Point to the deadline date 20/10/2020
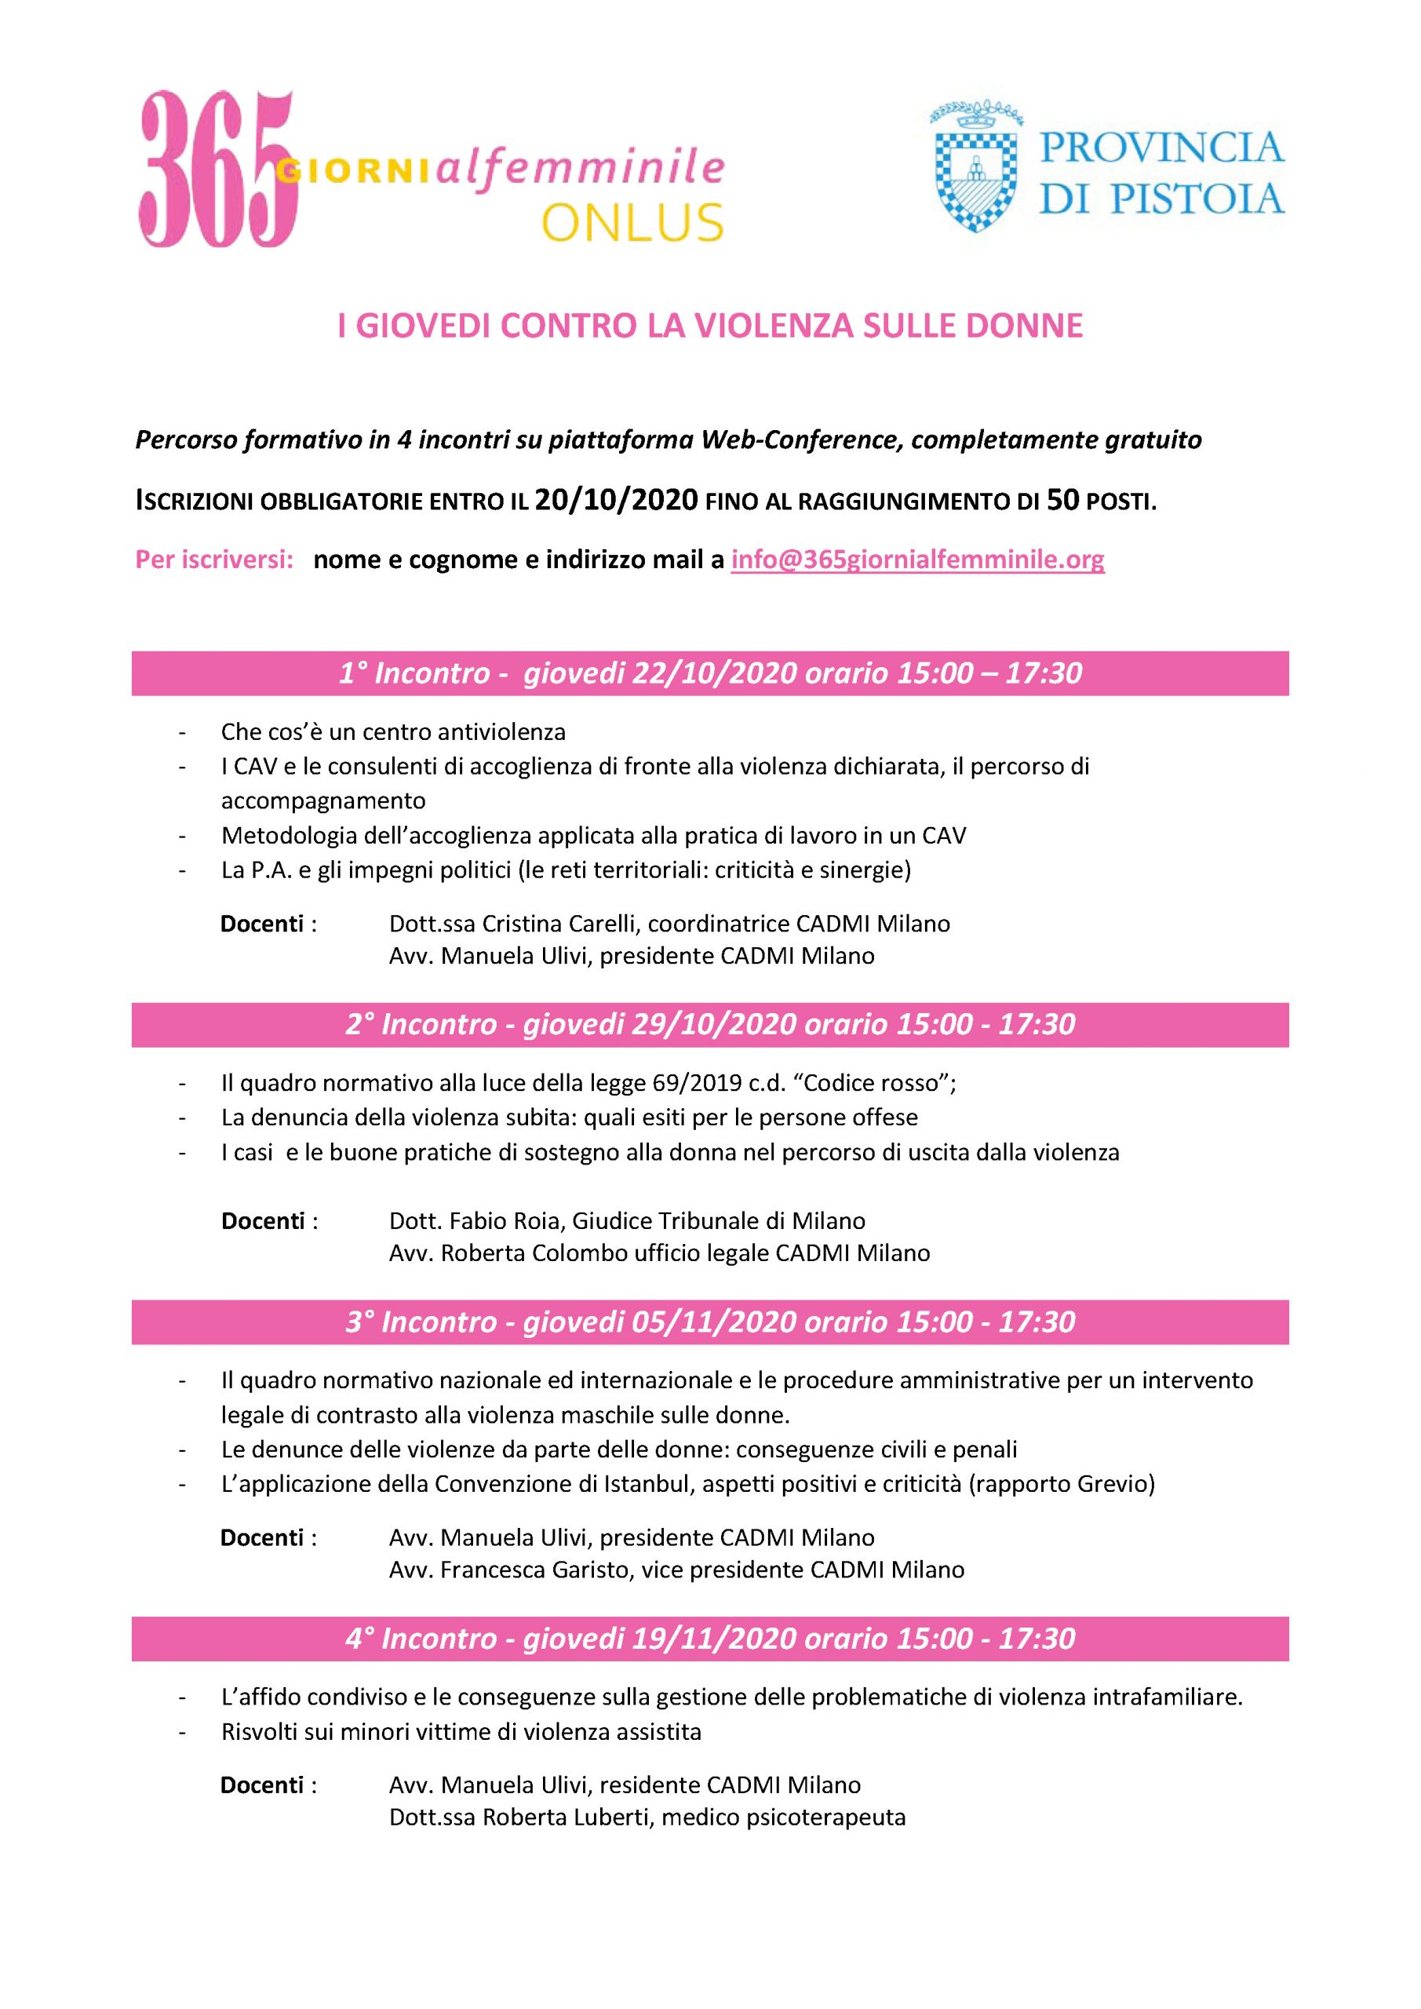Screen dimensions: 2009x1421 coord(616,501)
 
